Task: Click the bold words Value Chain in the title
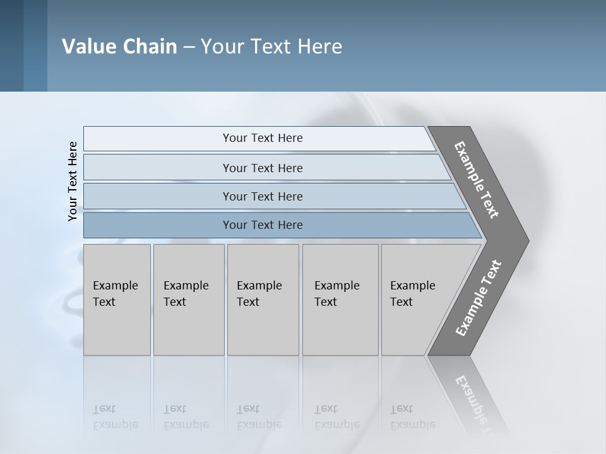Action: tap(119, 47)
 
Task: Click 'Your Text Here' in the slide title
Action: tap(271, 47)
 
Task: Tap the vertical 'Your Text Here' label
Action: tap(73, 181)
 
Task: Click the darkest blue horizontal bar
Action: tap(158, 225)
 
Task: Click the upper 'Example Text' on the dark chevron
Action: tap(477, 180)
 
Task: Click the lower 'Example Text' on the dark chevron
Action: tap(478, 298)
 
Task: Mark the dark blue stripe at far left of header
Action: tap(11, 45)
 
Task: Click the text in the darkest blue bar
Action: tap(263, 225)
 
